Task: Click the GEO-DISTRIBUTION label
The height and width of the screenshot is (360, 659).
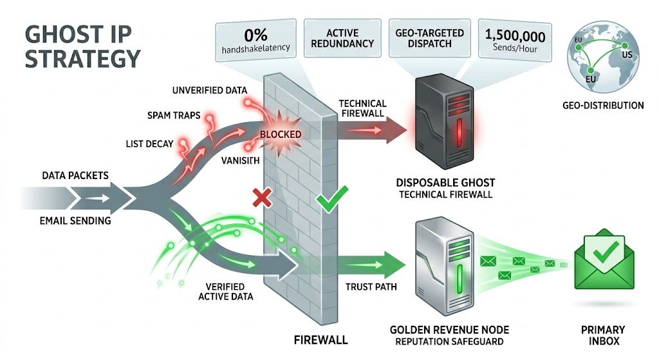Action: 602,105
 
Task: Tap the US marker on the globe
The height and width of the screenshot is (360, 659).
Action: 627,55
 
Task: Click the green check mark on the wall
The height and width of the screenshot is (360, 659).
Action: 333,199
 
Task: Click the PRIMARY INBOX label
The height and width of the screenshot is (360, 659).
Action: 603,339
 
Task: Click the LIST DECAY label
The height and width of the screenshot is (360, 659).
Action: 148,143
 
